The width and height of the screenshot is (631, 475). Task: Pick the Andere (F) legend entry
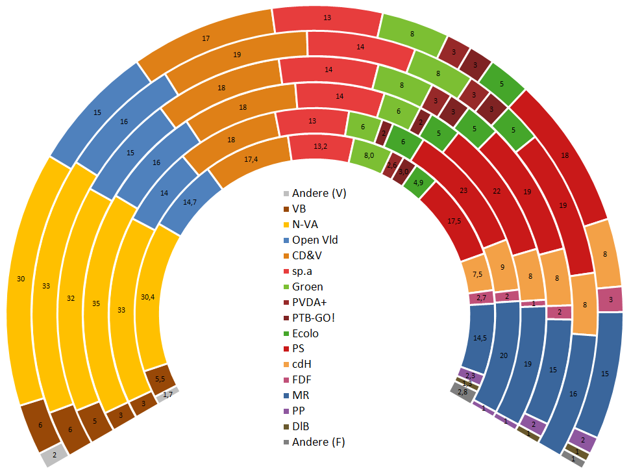pyautogui.click(x=318, y=443)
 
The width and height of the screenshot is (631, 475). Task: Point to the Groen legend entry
pyautogui.click(x=307, y=287)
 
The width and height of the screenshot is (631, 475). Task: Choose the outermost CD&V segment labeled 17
pyautogui.click(x=205, y=39)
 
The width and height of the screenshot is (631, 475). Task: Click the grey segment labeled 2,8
pyautogui.click(x=462, y=392)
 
